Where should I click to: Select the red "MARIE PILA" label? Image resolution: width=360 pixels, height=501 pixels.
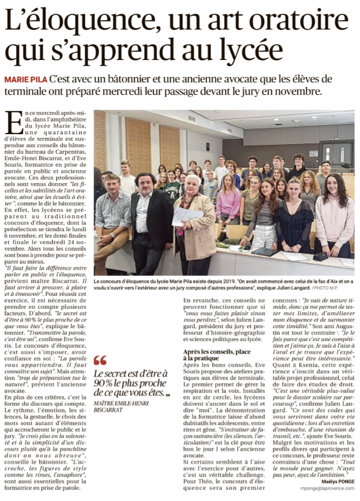pos(25,79)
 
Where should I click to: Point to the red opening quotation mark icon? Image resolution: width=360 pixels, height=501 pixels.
pos(100,360)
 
